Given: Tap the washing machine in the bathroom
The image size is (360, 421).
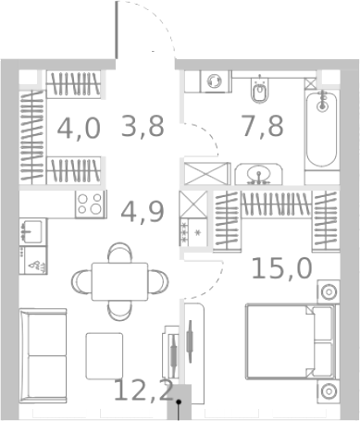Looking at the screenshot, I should (x=216, y=80).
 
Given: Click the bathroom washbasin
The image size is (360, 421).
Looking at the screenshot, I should (x=259, y=173).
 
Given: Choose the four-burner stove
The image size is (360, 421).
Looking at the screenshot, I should (x=92, y=204).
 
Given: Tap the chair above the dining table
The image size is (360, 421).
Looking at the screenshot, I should (x=119, y=252).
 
